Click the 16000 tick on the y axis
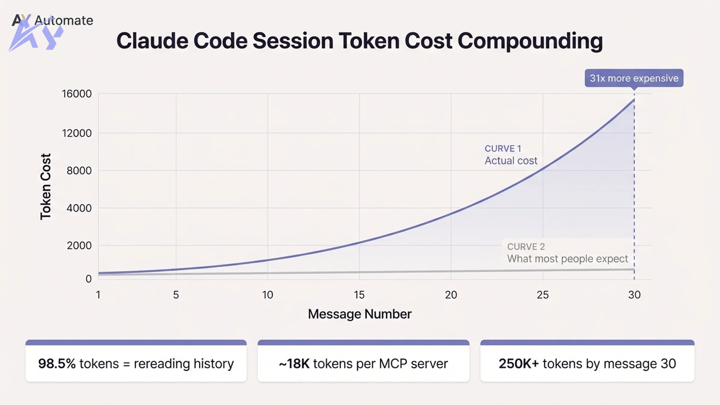click(x=76, y=94)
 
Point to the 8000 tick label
click(x=79, y=171)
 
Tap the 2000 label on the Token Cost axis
click(x=79, y=246)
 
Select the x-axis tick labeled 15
click(x=359, y=295)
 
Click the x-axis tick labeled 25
click(x=542, y=295)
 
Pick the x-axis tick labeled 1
click(x=98, y=295)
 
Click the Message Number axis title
click(x=359, y=314)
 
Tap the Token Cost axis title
click(x=46, y=187)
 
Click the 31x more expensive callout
click(x=634, y=78)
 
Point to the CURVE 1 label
click(x=503, y=148)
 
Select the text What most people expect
click(x=567, y=259)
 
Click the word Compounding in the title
click(x=530, y=41)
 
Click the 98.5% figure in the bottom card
click(x=57, y=364)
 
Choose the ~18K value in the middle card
click(x=294, y=364)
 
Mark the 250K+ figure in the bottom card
click(x=518, y=364)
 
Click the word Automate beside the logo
click(x=64, y=20)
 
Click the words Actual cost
click(x=511, y=161)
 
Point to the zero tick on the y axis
click(x=88, y=279)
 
